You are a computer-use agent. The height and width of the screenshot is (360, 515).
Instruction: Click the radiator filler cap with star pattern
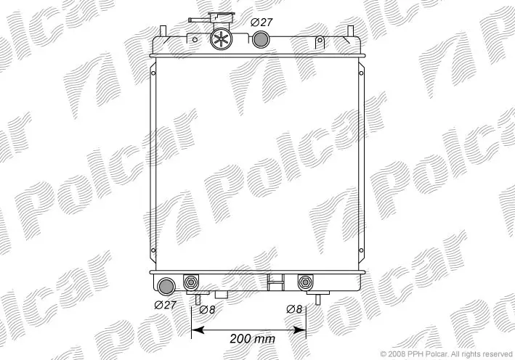(221, 39)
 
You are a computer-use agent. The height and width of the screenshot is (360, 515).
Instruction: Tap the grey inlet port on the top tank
(261, 39)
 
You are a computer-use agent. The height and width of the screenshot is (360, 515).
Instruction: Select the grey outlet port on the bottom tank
(166, 287)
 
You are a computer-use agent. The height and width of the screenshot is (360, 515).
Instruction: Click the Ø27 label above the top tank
(261, 22)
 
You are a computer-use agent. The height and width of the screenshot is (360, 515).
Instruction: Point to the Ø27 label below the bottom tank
(165, 305)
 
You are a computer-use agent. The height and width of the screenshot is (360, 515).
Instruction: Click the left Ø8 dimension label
(207, 309)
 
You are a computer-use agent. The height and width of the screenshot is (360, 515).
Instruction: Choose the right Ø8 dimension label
(294, 309)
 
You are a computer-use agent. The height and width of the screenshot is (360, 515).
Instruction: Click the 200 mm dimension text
(252, 338)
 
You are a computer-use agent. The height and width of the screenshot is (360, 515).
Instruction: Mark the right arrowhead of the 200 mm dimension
(299, 330)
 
